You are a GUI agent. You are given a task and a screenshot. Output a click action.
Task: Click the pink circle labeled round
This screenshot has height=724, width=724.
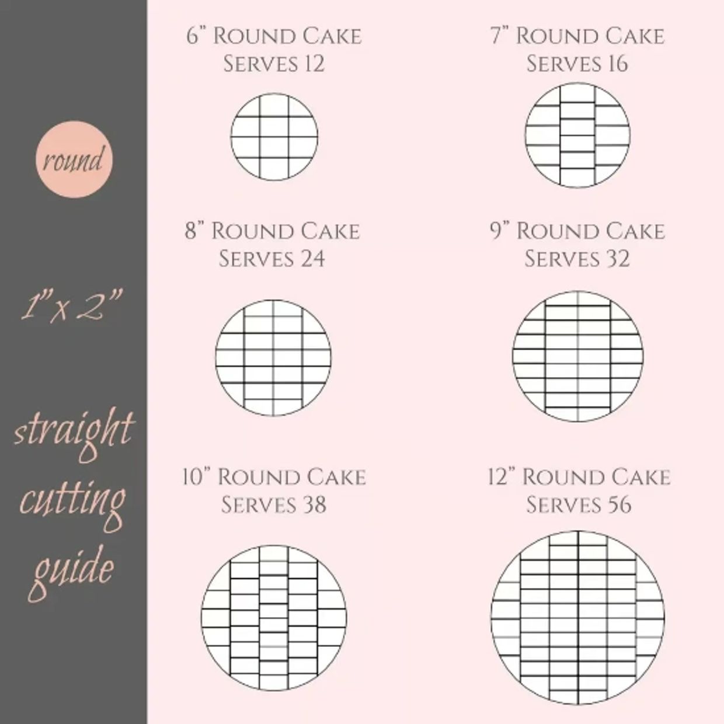point(74,159)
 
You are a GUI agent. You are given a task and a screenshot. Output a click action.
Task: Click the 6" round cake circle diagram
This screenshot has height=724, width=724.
point(274,137)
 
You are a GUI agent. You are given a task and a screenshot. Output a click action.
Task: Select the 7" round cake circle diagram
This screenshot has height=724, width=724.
point(577,135)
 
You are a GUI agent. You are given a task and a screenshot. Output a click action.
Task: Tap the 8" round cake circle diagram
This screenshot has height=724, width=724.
point(273,358)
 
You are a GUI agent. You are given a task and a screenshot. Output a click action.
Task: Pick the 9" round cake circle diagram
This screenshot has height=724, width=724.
point(577,356)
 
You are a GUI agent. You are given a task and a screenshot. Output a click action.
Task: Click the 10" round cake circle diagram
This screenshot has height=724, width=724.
point(273,618)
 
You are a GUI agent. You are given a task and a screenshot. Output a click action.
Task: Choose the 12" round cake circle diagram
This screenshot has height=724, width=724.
point(577,618)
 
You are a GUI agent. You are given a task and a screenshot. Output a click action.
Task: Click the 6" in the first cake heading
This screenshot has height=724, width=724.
point(196,36)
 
